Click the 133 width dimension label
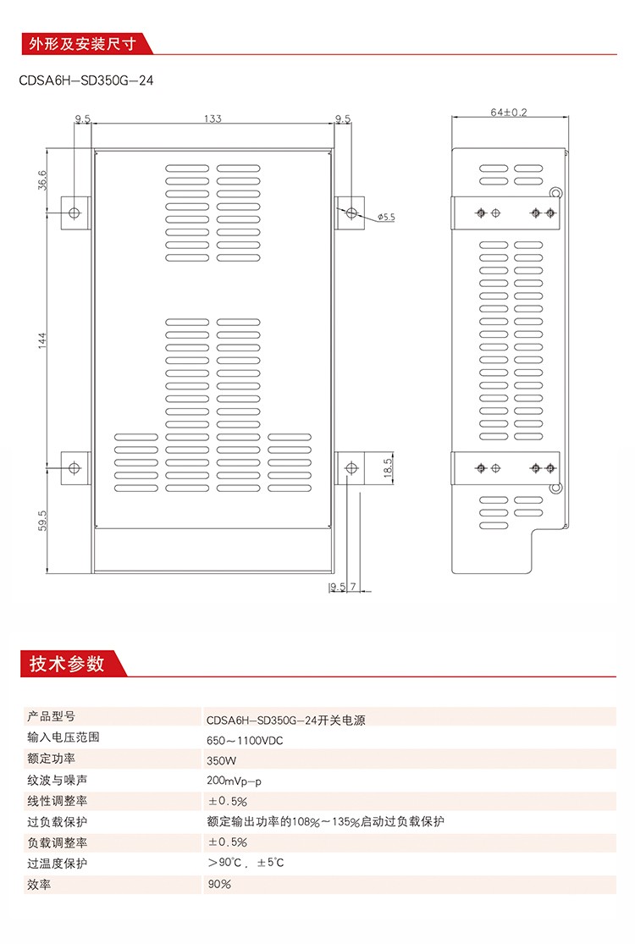(x=213, y=119)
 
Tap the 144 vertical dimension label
(x=42, y=340)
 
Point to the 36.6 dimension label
(x=42, y=180)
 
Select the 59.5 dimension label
(x=42, y=521)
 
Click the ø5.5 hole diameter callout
(x=386, y=217)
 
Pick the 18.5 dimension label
(x=388, y=468)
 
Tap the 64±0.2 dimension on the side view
(x=509, y=112)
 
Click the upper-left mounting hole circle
(x=75, y=213)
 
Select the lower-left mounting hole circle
(x=75, y=468)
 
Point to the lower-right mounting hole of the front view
(x=351, y=468)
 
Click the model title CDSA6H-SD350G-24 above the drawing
(x=86, y=80)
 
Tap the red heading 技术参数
(x=67, y=664)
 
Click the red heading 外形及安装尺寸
(x=82, y=44)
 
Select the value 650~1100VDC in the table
(x=245, y=741)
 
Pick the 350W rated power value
(x=222, y=761)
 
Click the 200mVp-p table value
(x=235, y=781)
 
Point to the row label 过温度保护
(x=58, y=864)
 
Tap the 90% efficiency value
(x=219, y=885)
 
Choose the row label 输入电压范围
(x=63, y=737)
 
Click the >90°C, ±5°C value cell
(x=246, y=863)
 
